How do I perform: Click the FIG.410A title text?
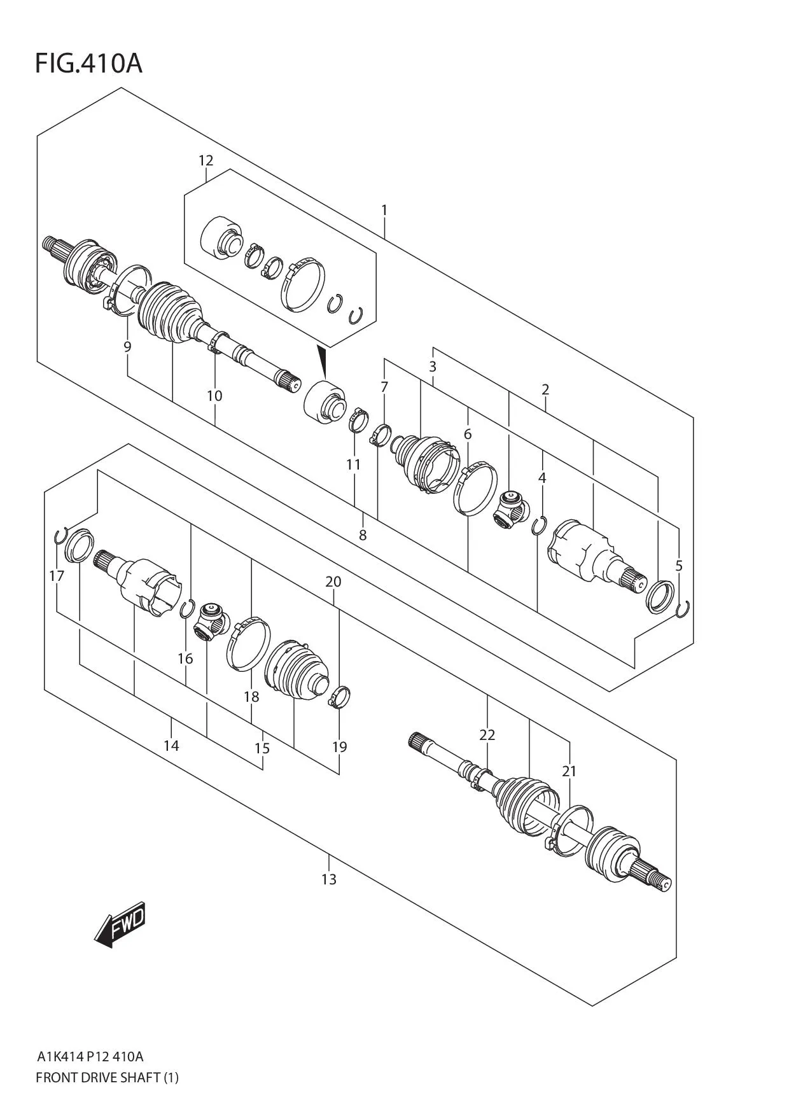[88, 64]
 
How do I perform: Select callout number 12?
[206, 160]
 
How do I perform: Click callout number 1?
[384, 210]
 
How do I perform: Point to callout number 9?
[127, 347]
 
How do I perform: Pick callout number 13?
[328, 879]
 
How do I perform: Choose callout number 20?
[333, 582]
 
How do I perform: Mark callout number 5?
[679, 566]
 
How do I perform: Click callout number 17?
[57, 576]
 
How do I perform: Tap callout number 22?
[487, 735]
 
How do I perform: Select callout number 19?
[339, 746]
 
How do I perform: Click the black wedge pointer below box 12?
[323, 361]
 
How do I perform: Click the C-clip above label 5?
[683, 609]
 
